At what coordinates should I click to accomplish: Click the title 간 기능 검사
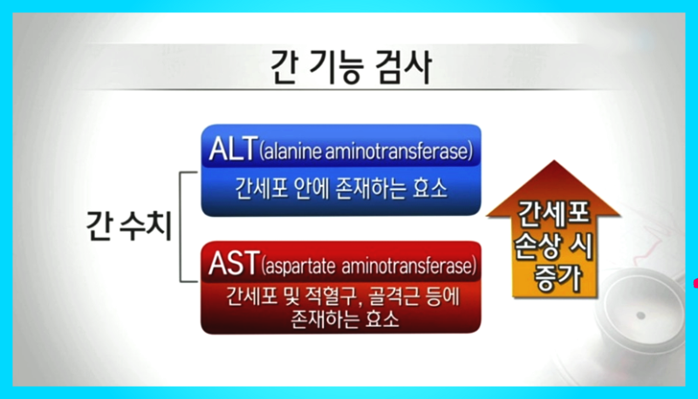click(351, 68)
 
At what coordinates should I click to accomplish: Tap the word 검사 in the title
click(404, 68)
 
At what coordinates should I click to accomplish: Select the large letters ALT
click(233, 148)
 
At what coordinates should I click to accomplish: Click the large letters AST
click(234, 263)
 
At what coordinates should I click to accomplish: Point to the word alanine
click(293, 151)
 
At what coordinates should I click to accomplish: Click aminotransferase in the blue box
click(397, 151)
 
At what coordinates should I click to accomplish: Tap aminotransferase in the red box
click(406, 267)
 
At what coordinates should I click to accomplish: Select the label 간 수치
click(129, 226)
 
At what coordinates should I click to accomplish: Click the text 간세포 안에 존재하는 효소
click(341, 189)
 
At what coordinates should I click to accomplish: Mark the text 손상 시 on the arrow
click(553, 247)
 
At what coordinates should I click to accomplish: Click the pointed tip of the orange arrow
click(554, 161)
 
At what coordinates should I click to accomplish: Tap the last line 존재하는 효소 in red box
click(345, 319)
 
